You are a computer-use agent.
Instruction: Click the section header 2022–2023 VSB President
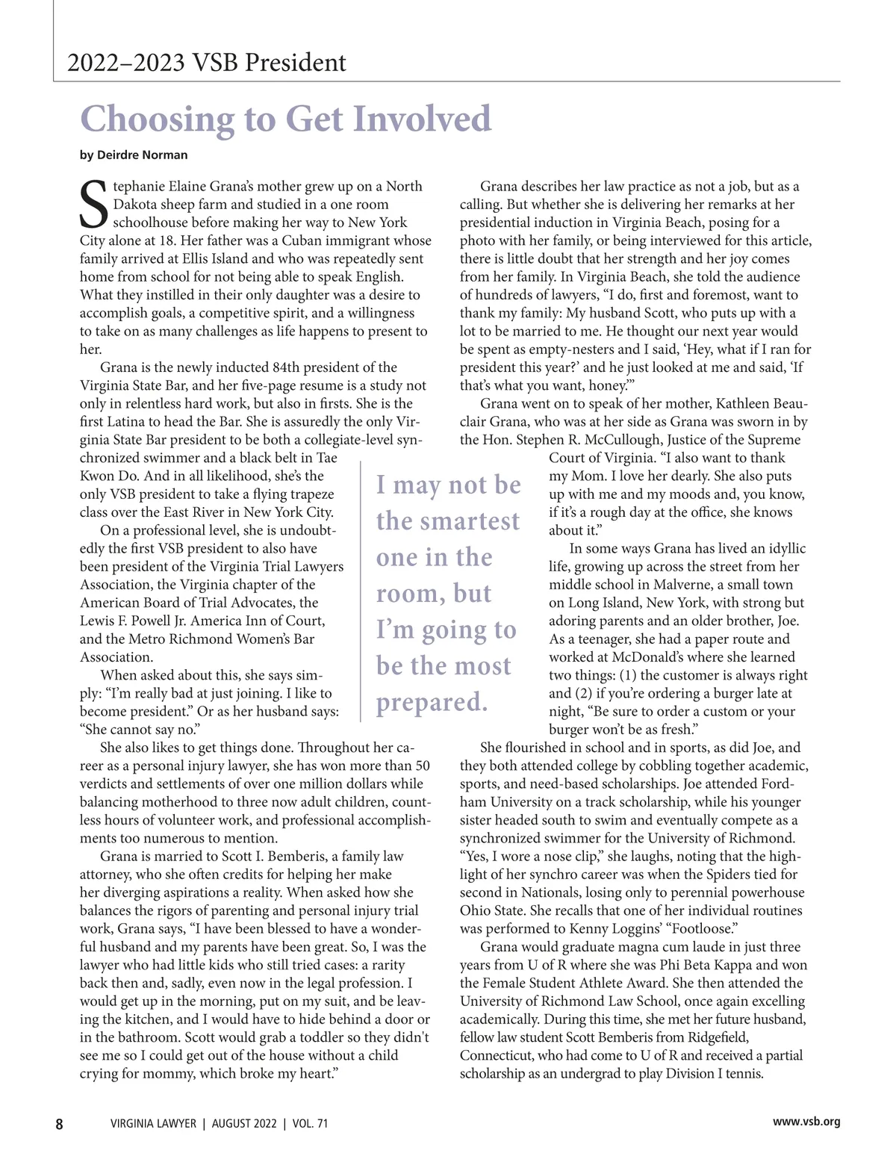[207, 63]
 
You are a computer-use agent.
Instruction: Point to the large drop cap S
[94, 204]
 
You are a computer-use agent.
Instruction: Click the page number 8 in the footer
[60, 1124]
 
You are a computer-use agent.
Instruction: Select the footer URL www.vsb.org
[806, 1122]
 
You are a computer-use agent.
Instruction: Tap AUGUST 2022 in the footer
[244, 1124]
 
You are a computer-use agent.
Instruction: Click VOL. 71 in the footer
[310, 1124]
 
